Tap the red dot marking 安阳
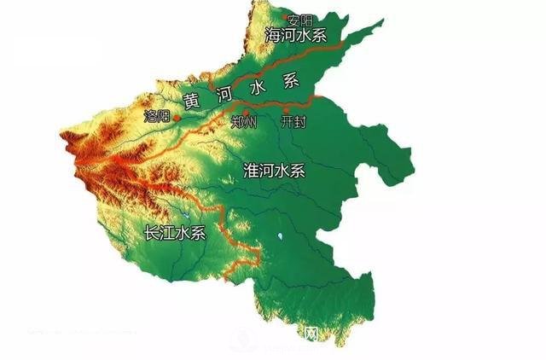(x=288, y=16)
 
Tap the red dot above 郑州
(x=246, y=111)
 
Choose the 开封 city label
(x=293, y=123)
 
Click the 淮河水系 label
(x=274, y=170)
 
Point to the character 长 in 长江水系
(x=152, y=232)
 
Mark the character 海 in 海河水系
(x=272, y=37)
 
